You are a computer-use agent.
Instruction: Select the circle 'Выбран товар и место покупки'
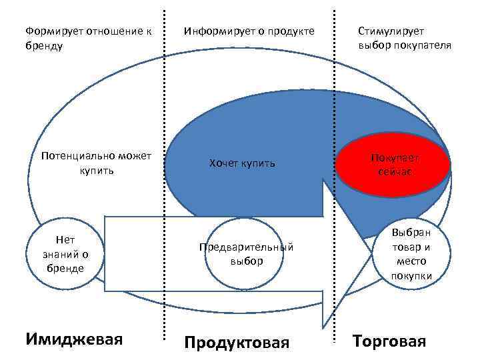(x=411, y=254)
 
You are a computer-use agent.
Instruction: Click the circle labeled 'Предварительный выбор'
(x=247, y=253)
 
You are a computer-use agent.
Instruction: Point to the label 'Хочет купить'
(x=241, y=163)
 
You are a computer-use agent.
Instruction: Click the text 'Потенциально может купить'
(x=97, y=163)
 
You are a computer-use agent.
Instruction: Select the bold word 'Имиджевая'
(x=74, y=339)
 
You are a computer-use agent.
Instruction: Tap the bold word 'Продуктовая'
(x=237, y=343)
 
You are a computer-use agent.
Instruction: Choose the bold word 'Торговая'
(x=389, y=342)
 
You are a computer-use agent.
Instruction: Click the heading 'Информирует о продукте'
(x=249, y=31)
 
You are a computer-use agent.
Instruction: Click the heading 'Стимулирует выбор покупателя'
(x=404, y=39)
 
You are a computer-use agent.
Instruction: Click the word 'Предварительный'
(x=247, y=247)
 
